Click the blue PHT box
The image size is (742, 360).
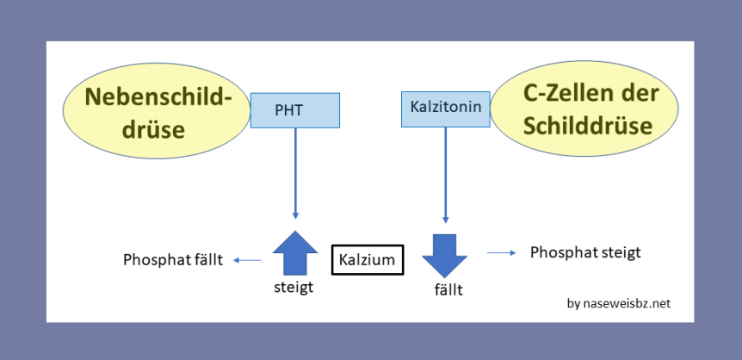pos(295,110)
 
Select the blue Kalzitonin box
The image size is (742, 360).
pos(445,109)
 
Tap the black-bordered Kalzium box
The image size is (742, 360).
pos(368,259)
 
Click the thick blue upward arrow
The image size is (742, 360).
pos(295,254)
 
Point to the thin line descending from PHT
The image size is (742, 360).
pos(295,172)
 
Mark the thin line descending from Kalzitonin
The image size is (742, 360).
pos(445,172)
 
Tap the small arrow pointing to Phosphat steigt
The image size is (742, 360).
pos(501,252)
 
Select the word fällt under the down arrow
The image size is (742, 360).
pos(448,290)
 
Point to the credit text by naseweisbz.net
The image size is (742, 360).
pos(618,303)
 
